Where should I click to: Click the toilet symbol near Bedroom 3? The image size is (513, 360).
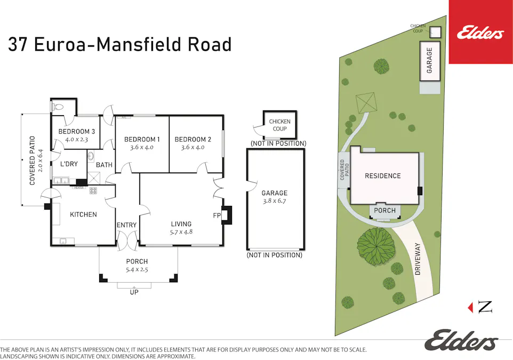57,107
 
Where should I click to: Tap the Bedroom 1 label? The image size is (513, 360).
142,140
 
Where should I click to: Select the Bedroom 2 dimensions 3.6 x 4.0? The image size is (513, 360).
193,148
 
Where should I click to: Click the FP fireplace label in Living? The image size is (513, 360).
217,216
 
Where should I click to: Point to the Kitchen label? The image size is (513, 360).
83,215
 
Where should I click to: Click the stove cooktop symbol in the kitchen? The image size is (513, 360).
93,190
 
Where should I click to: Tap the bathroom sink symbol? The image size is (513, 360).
91,156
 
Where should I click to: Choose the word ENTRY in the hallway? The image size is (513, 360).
126,225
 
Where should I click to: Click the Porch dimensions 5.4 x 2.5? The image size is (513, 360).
137,270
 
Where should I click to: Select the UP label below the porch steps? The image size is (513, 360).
134,292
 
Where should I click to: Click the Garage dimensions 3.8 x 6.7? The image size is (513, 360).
274,201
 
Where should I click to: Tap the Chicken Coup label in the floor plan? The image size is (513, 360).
279,125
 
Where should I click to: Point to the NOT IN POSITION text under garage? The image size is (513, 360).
274,255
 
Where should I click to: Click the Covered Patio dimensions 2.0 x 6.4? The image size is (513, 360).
40,161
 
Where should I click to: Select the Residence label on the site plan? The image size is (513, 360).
382,176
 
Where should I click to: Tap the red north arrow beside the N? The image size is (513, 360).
470,307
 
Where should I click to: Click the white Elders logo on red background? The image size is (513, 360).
480,34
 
